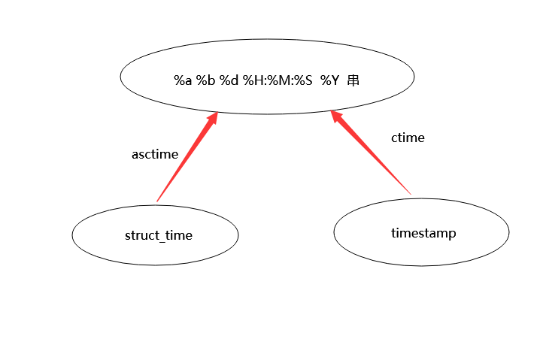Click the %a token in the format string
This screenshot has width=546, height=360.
(183, 80)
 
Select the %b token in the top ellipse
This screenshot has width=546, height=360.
(205, 80)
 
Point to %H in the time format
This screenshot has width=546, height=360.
(252, 80)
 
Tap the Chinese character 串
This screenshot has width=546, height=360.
(353, 80)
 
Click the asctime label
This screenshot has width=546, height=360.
(155, 155)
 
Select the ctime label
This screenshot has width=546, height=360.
(408, 138)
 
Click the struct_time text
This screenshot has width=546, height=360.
(159, 236)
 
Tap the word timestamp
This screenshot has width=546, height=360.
(423, 233)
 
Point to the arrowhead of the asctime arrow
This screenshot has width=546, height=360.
(214, 118)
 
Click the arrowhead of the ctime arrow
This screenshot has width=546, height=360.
(336, 118)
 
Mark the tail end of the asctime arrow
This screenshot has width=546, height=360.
(157, 201)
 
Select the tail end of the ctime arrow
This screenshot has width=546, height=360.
(411, 195)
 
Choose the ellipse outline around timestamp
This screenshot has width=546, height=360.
(334, 232)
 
